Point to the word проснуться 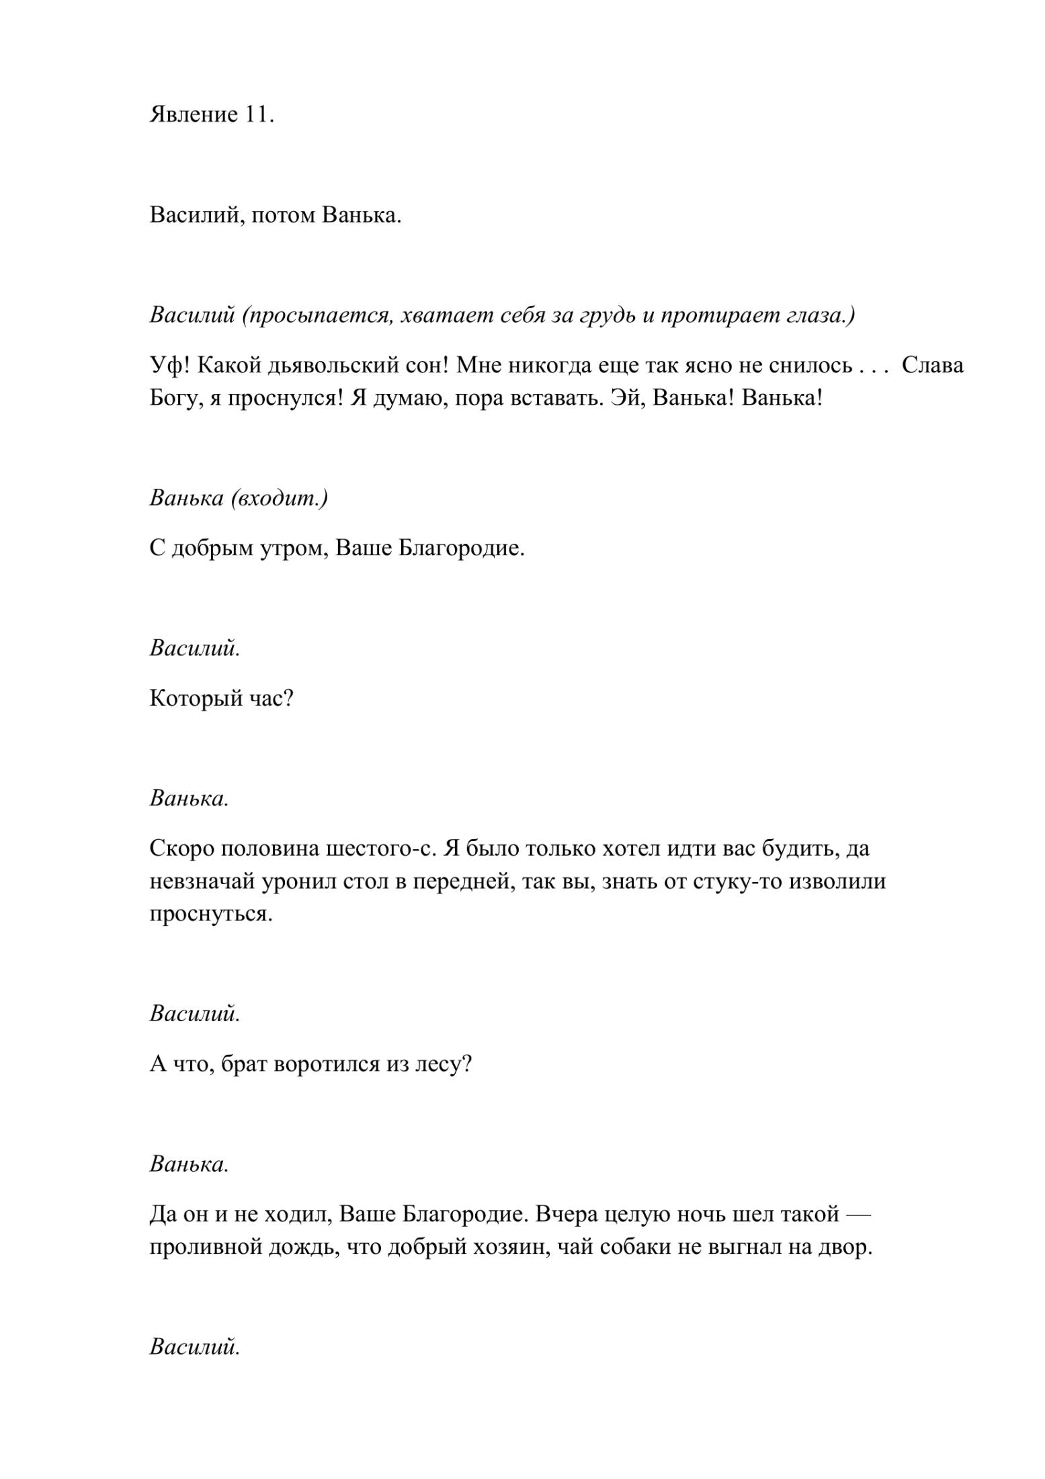(x=210, y=914)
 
